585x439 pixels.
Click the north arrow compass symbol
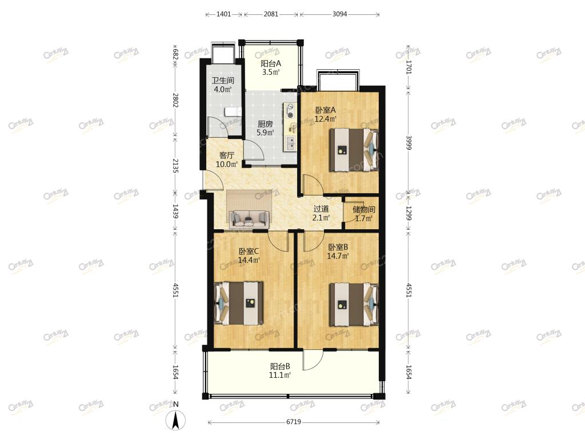(x=176, y=419)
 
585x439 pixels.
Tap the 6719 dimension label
(x=294, y=422)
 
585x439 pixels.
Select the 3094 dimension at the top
(x=339, y=14)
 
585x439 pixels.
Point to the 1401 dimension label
(x=224, y=14)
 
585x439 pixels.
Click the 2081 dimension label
(x=271, y=14)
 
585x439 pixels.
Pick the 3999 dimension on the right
(x=408, y=142)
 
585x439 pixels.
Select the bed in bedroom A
(x=354, y=150)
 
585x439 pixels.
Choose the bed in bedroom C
(x=239, y=303)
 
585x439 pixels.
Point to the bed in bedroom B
(x=354, y=305)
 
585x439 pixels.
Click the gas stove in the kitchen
(x=290, y=111)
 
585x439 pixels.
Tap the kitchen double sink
(x=290, y=143)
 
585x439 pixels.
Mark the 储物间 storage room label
(x=364, y=209)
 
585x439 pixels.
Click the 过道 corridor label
(x=321, y=209)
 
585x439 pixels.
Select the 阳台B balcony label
(x=280, y=366)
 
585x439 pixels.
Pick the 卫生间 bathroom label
(x=223, y=80)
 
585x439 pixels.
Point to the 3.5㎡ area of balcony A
(x=271, y=73)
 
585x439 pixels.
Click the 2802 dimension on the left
(x=175, y=101)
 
